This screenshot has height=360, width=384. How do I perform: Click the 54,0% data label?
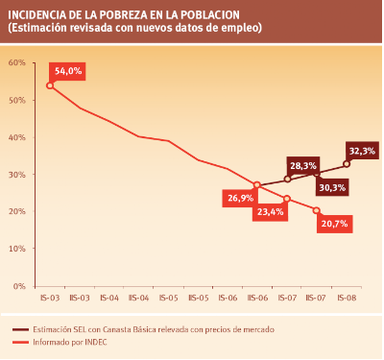pyautogui.click(x=67, y=71)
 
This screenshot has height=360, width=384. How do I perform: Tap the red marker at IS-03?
pyautogui.click(x=50, y=85)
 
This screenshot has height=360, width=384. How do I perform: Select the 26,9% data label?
pyautogui.click(x=240, y=198)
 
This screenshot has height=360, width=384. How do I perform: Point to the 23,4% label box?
pyautogui.click(x=270, y=212)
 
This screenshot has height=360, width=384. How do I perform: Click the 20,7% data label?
pyautogui.click(x=334, y=224)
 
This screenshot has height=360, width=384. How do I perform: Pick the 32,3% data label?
pyautogui.click(x=362, y=151)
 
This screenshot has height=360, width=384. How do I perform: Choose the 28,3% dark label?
pyautogui.click(x=303, y=166)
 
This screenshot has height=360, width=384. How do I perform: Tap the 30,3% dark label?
pyautogui.click(x=332, y=187)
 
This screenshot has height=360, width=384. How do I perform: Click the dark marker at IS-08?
pyautogui.click(x=347, y=164)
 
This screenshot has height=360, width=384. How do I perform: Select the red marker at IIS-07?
pyautogui.click(x=317, y=210)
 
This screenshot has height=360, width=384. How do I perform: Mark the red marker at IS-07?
pyautogui.click(x=287, y=199)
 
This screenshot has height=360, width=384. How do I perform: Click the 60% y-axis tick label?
pyautogui.click(x=17, y=62)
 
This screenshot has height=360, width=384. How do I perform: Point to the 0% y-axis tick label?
pyautogui.click(x=19, y=286)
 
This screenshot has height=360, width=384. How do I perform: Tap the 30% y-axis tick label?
pyautogui.click(x=17, y=175)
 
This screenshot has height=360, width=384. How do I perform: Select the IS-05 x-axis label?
pyautogui.click(x=169, y=298)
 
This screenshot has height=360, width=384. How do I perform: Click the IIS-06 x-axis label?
pyautogui.click(x=257, y=298)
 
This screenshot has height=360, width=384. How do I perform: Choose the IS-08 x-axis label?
pyautogui.click(x=347, y=298)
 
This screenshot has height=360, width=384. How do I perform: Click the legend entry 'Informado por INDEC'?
pyautogui.click(x=70, y=342)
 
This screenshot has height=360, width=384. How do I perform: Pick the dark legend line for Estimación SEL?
pyautogui.click(x=21, y=329)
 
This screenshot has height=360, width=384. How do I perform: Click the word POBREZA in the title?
pyautogui.click(x=122, y=15)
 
